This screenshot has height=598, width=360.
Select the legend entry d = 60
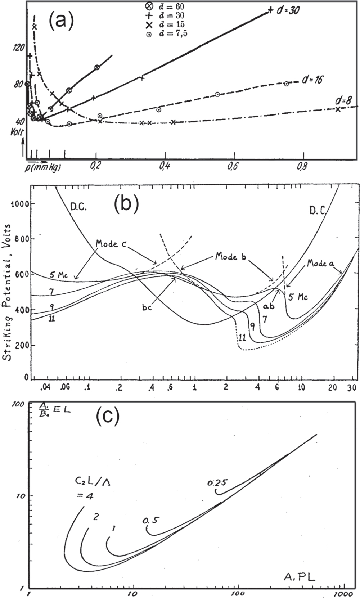167,6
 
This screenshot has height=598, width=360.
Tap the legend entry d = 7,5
169,33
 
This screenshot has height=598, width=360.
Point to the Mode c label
112,244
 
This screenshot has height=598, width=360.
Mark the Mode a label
320,263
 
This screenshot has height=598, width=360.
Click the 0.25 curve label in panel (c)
217,482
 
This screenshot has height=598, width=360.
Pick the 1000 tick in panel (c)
341,593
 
